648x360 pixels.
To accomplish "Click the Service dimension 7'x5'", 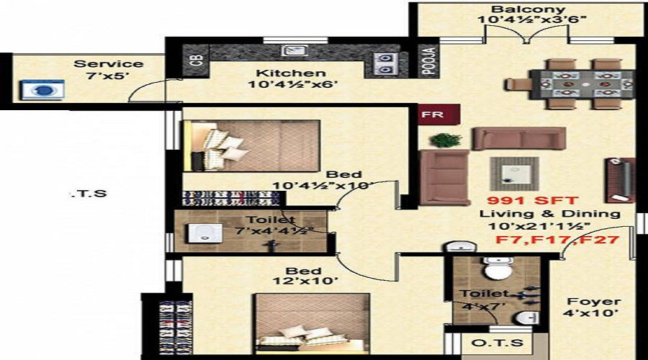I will (x=108, y=76).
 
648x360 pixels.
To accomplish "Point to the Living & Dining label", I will (x=550, y=214).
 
